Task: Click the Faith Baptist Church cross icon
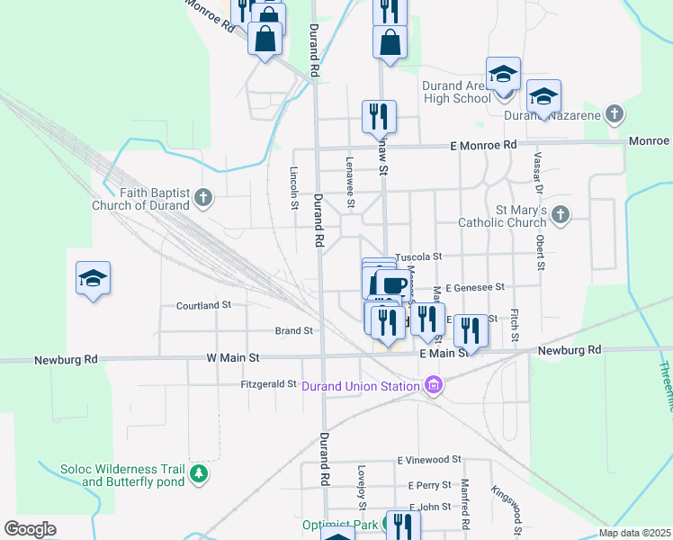click(x=204, y=197)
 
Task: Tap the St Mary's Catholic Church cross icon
click(x=561, y=214)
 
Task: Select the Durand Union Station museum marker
click(x=434, y=386)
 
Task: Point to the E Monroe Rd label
click(x=483, y=145)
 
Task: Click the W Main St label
click(x=233, y=358)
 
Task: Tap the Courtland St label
click(x=204, y=306)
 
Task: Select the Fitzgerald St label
click(x=269, y=384)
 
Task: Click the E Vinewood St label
click(x=429, y=459)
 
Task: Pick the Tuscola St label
click(x=419, y=256)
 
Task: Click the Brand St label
click(x=293, y=331)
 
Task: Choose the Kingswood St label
click(x=506, y=505)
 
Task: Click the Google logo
click(x=30, y=529)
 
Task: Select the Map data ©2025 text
click(x=633, y=533)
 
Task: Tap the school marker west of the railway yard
click(x=93, y=278)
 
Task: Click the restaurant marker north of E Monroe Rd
click(x=379, y=115)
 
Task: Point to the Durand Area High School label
click(x=456, y=92)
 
